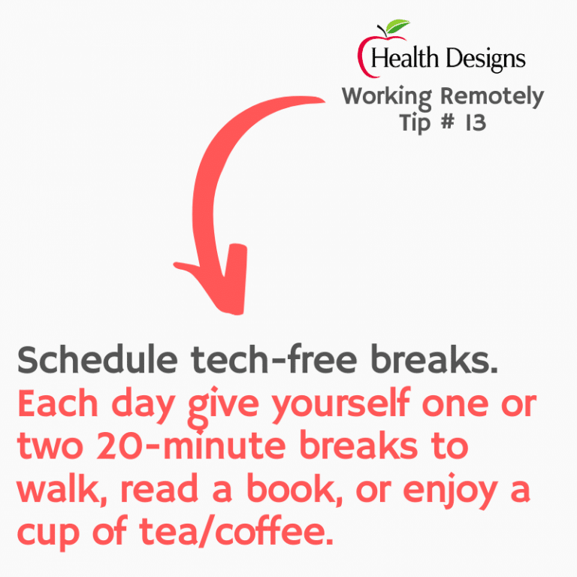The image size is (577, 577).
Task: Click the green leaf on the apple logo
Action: (x=397, y=26)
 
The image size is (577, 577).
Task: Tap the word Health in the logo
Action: (x=405, y=58)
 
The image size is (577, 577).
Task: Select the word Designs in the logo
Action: (x=486, y=59)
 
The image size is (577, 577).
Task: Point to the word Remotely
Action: (x=492, y=96)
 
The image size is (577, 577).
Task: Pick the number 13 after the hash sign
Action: (x=476, y=122)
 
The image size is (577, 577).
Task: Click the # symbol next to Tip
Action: (x=448, y=122)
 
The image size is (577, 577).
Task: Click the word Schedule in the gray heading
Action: (x=98, y=360)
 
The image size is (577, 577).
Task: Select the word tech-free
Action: (x=273, y=359)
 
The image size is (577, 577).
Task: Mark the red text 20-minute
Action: (x=191, y=446)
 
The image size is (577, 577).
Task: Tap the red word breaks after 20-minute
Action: (x=358, y=446)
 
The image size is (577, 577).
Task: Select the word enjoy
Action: (x=450, y=491)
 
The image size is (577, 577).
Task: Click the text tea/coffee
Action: (x=236, y=530)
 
